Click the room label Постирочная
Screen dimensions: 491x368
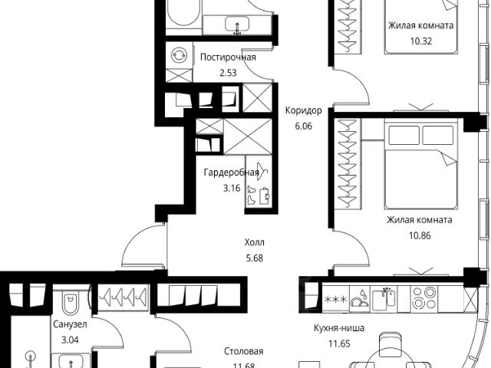click(x=228, y=58)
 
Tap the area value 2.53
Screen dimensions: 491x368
click(x=228, y=73)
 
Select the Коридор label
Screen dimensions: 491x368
click(x=304, y=110)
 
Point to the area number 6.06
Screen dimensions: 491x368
click(x=304, y=126)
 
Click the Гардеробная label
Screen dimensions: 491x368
click(x=231, y=172)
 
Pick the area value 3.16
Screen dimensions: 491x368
click(x=232, y=188)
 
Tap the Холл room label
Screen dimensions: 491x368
click(x=254, y=242)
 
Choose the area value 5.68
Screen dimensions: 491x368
click(x=254, y=258)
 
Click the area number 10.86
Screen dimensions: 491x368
click(x=420, y=235)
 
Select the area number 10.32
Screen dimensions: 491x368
click(x=421, y=41)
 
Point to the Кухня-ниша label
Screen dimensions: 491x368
click(x=339, y=328)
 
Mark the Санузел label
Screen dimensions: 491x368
click(x=70, y=324)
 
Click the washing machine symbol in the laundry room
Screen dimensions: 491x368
click(x=179, y=55)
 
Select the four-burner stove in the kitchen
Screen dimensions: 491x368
click(x=424, y=298)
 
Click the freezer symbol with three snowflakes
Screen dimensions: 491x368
click(x=336, y=300)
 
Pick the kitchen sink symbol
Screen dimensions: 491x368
click(x=384, y=298)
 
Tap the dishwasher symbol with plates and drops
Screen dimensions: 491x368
click(x=359, y=299)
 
